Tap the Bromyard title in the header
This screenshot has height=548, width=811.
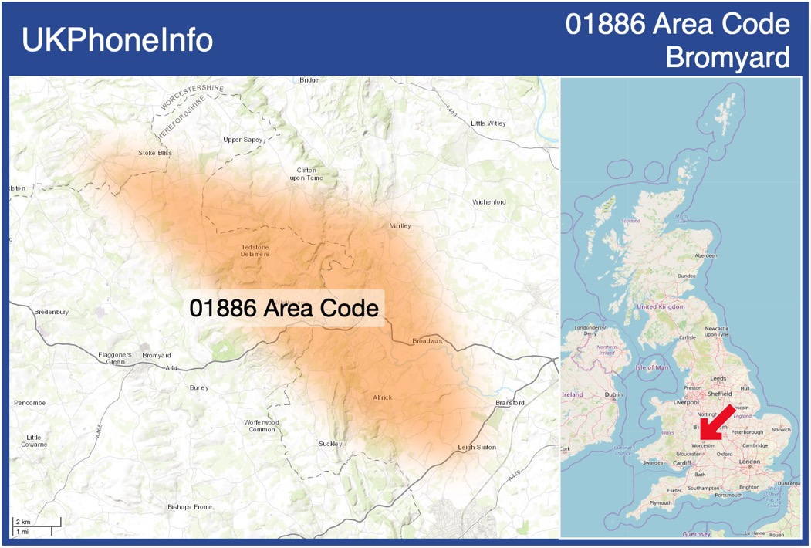click(728, 57)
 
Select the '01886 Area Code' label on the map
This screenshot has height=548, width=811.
click(284, 308)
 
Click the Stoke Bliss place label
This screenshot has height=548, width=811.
click(155, 153)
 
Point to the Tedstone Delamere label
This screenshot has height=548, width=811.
click(255, 250)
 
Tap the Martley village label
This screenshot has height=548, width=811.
click(400, 226)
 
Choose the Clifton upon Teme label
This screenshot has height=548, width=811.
click(306, 174)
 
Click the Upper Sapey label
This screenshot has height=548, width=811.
click(243, 140)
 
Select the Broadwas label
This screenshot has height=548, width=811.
click(427, 340)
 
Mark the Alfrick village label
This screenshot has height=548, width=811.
click(383, 397)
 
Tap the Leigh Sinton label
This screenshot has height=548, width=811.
click(477, 448)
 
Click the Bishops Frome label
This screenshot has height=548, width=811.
click(189, 507)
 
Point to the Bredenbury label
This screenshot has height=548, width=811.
click(52, 312)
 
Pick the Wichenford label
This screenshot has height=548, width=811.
click(489, 202)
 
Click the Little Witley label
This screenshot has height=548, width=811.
click(488, 123)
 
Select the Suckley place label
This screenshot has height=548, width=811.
click(330, 444)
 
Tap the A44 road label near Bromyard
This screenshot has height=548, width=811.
click(171, 368)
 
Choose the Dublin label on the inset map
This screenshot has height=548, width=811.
click(614, 394)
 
